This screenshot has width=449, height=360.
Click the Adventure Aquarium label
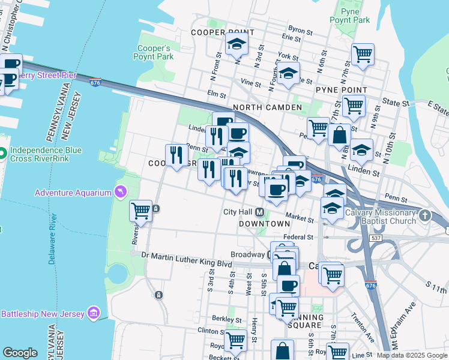[73, 193]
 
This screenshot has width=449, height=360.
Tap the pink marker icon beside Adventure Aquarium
[121, 192]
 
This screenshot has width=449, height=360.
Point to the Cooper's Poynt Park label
[155, 53]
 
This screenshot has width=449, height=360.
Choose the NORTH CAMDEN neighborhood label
[267, 107]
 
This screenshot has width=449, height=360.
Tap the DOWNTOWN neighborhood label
[265, 223]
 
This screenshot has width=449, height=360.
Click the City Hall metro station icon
[260, 212]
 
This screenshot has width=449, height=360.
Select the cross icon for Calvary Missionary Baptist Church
[424, 215]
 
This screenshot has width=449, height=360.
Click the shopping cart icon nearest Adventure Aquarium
[140, 211]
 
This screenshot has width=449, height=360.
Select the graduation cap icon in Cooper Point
[237, 44]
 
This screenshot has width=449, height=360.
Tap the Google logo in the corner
[20, 353]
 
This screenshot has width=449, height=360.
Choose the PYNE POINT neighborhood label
[342, 89]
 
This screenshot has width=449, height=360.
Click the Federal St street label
[298, 238]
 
